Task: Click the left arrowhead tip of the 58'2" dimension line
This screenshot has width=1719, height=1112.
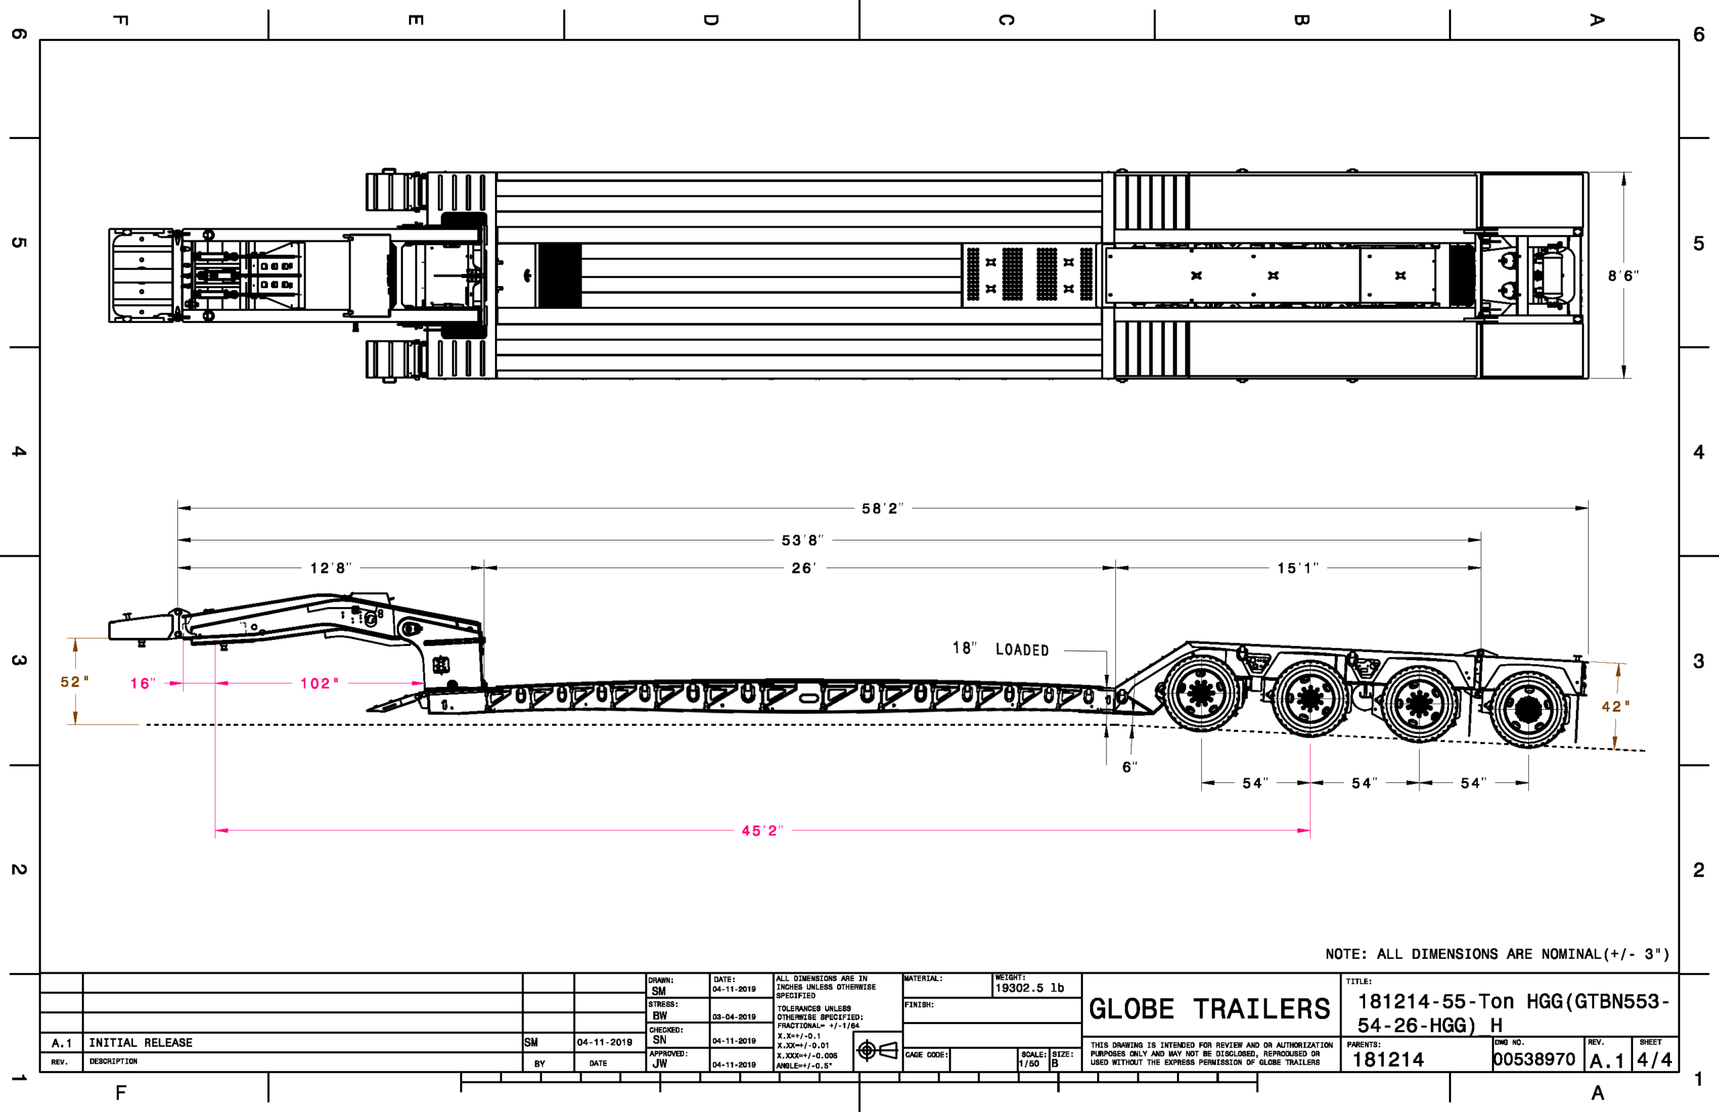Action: click(x=179, y=508)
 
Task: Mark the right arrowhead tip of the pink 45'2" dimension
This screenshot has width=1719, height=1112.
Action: click(x=1309, y=831)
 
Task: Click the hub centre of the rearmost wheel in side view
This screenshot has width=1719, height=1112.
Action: click(x=1528, y=710)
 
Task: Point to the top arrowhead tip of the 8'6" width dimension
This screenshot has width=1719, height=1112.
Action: click(x=1624, y=173)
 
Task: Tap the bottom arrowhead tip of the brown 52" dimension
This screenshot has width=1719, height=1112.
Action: click(x=75, y=725)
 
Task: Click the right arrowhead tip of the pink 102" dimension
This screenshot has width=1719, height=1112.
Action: click(x=424, y=683)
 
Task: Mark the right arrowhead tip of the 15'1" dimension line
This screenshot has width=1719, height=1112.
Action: click(x=1481, y=567)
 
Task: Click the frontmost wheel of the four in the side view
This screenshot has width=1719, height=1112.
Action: click(x=1201, y=693)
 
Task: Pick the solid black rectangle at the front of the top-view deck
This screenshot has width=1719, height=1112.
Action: click(x=559, y=275)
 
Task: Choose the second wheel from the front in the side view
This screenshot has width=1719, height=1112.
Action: click(x=1309, y=699)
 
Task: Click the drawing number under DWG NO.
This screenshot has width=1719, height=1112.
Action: click(x=1534, y=1060)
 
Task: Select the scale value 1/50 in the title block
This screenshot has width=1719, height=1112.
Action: click(x=1029, y=1064)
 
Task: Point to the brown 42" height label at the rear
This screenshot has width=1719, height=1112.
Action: click(x=1616, y=706)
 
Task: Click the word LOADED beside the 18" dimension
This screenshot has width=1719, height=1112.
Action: click(x=1021, y=650)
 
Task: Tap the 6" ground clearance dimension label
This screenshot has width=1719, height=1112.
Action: click(x=1130, y=767)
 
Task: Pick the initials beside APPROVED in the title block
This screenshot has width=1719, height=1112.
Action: click(x=660, y=1064)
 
